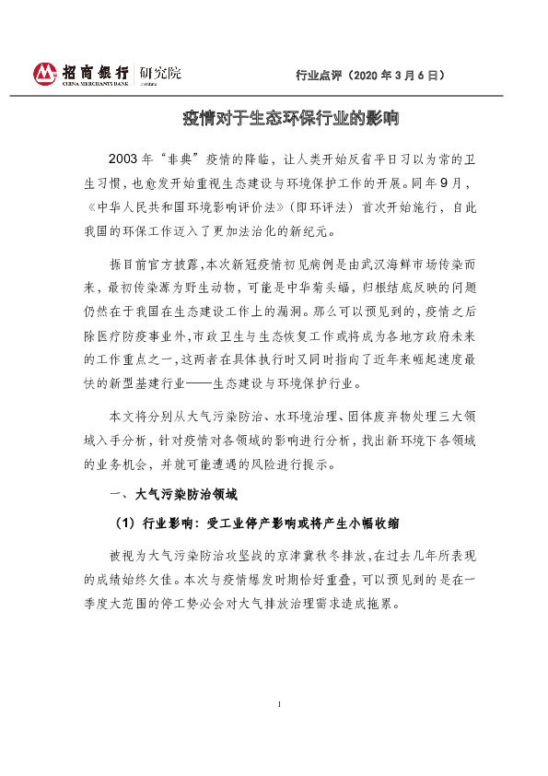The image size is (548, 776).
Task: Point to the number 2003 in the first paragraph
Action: (126, 158)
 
